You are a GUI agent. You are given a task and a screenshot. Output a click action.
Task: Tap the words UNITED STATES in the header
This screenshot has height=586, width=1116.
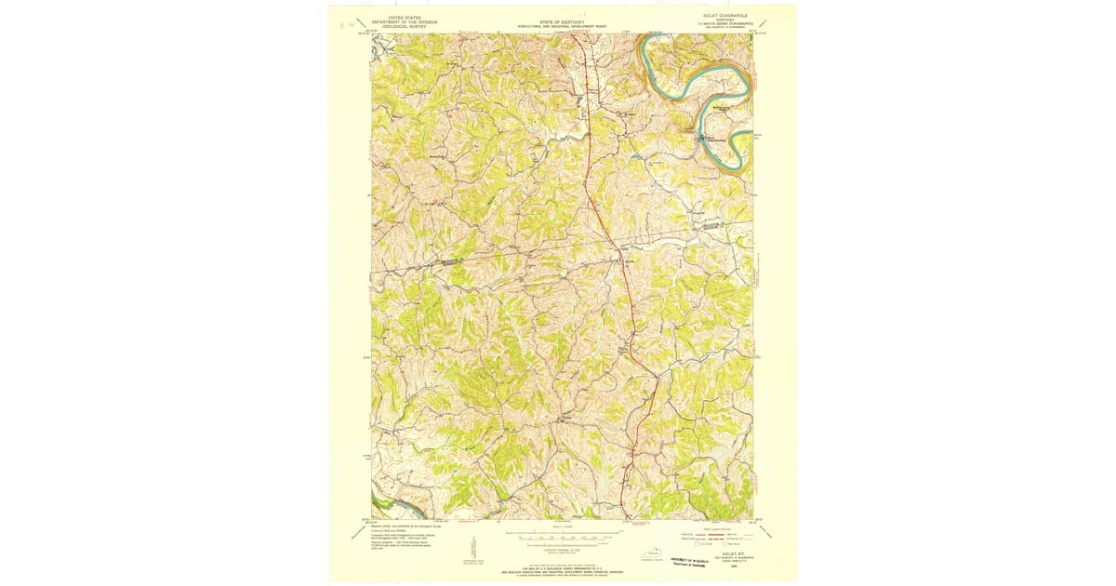coord(405,17)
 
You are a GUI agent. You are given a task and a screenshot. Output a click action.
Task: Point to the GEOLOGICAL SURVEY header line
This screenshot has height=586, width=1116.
coord(405,27)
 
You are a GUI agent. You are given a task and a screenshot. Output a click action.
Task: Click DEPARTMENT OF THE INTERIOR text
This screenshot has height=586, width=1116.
coord(405,21)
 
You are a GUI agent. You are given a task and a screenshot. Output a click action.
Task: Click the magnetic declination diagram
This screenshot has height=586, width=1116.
coord(473,549)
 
